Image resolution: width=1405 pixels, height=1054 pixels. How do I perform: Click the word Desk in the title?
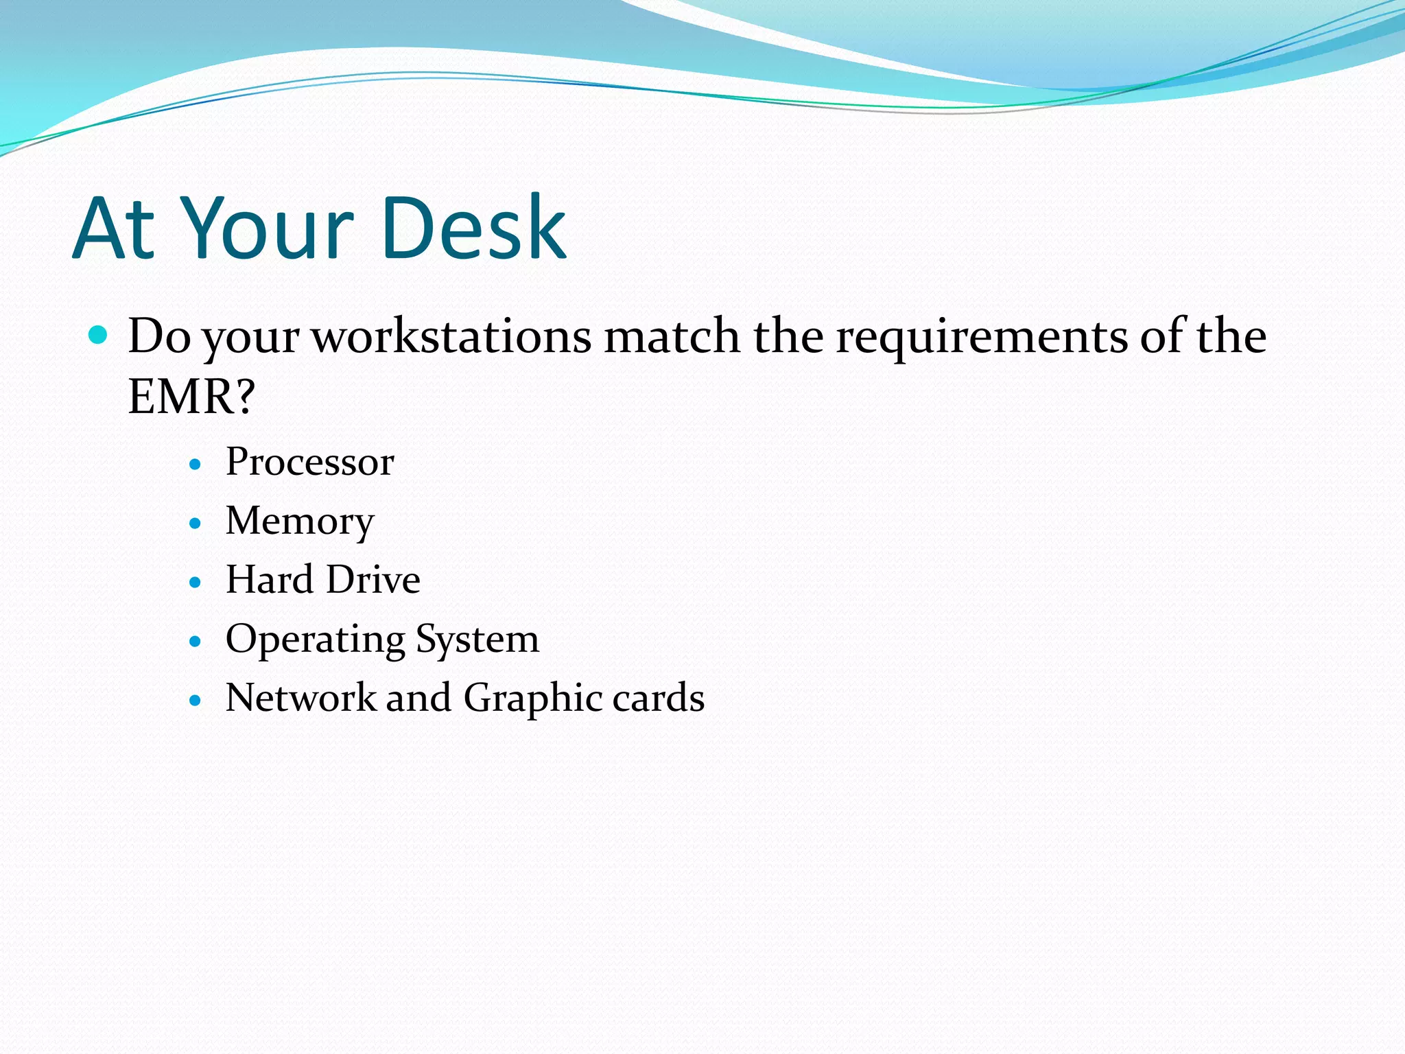[x=473, y=229]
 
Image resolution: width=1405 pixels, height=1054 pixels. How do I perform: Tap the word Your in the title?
[x=270, y=229]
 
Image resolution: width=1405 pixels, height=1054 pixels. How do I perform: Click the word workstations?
[x=451, y=336]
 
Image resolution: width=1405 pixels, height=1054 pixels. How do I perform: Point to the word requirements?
[x=982, y=338]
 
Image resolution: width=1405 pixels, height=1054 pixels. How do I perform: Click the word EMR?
[x=191, y=397]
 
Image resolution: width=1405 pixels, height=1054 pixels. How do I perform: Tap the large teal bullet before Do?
[x=99, y=335]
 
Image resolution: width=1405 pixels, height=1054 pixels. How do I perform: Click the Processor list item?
[x=310, y=462]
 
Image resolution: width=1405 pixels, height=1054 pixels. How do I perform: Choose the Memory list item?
[x=300, y=522]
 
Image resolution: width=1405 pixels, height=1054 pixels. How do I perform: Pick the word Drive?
[x=373, y=580]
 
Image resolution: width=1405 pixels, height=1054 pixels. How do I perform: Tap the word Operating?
[x=315, y=640]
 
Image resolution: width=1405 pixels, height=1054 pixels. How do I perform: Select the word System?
[x=477, y=640]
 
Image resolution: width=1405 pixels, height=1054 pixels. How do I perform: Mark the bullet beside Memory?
[x=196, y=524]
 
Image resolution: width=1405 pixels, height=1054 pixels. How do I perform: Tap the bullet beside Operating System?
[x=196, y=642]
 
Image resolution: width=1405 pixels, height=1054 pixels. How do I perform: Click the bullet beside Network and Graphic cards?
[x=196, y=701]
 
